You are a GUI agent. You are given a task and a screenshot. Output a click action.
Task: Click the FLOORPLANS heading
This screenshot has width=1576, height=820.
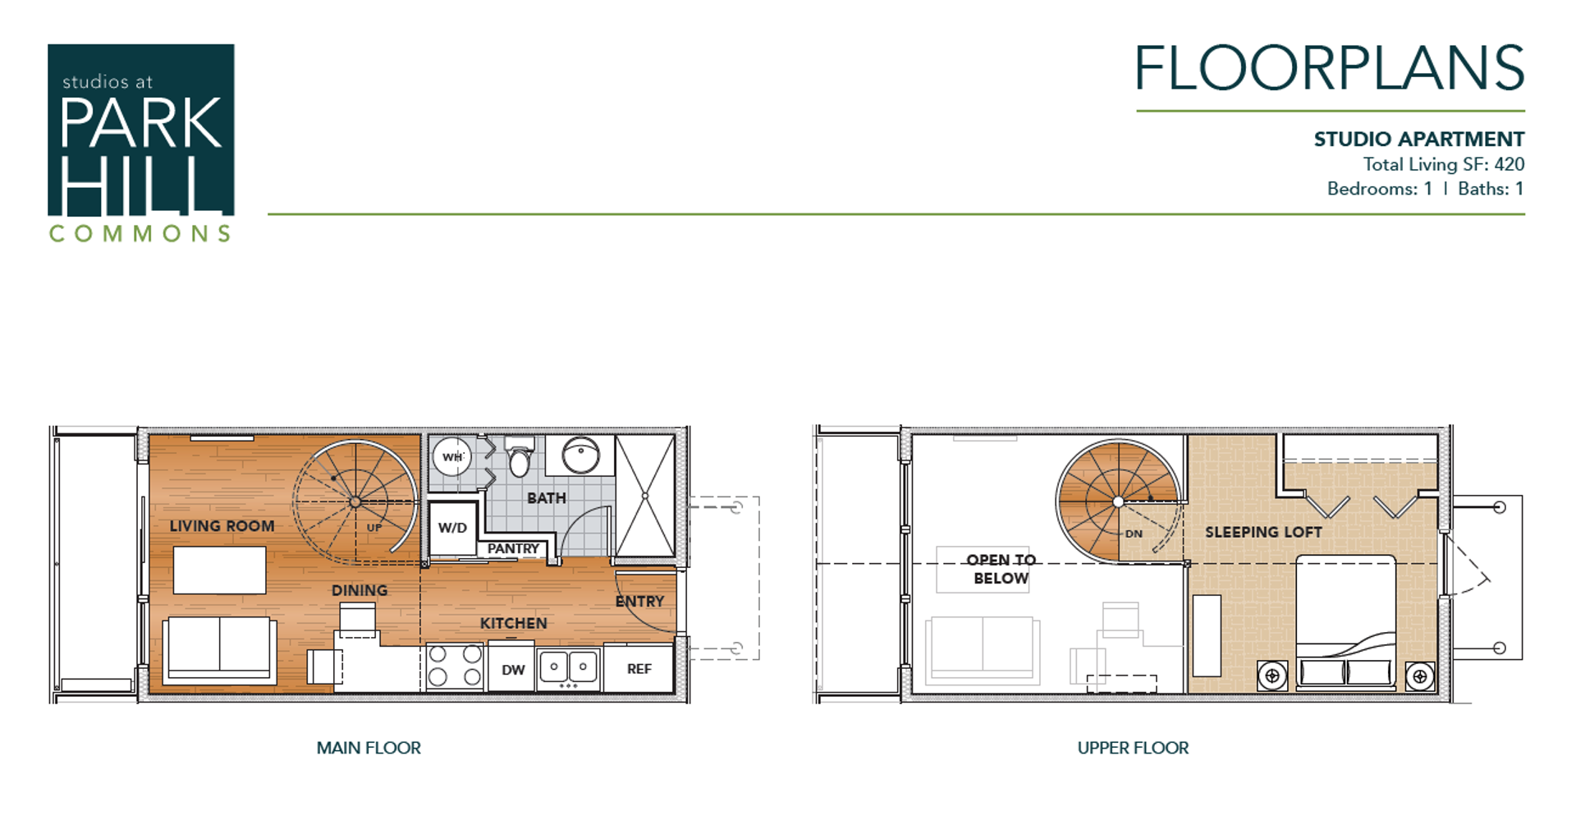1329,69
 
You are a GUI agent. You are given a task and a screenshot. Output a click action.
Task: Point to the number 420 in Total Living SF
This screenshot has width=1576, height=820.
1509,164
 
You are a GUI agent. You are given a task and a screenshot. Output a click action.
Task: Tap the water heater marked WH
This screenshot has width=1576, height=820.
452,457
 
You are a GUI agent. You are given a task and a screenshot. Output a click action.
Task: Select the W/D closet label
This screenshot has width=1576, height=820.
452,528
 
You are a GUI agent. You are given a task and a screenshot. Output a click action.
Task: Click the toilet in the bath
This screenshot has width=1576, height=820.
520,460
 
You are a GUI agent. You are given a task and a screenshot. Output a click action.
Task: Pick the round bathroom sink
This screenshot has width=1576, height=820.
580,454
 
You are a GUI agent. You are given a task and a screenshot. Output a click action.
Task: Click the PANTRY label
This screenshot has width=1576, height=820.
513,548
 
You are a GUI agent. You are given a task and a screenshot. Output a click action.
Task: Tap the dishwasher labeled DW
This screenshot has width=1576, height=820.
513,670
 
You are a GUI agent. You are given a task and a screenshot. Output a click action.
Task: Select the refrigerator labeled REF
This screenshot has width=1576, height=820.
639,669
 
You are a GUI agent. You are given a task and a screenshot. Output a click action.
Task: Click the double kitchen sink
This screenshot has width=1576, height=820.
568,667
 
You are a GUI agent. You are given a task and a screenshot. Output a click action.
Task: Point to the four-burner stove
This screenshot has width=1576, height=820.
455,666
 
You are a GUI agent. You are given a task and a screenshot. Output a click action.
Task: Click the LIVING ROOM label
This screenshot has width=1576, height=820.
222,526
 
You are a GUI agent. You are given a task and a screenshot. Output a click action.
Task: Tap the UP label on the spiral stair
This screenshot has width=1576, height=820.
374,528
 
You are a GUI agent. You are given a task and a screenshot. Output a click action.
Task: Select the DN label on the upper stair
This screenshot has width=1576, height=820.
1134,534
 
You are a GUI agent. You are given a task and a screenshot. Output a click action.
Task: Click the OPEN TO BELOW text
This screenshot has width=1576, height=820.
1001,569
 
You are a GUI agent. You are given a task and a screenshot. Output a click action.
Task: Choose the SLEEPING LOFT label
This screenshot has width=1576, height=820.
1263,532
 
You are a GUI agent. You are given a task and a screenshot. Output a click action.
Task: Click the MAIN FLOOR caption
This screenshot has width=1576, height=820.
369,748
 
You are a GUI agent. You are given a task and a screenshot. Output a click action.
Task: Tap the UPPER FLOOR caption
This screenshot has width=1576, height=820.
1133,748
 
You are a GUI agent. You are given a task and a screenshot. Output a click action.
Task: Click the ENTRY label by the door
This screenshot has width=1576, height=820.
639,602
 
